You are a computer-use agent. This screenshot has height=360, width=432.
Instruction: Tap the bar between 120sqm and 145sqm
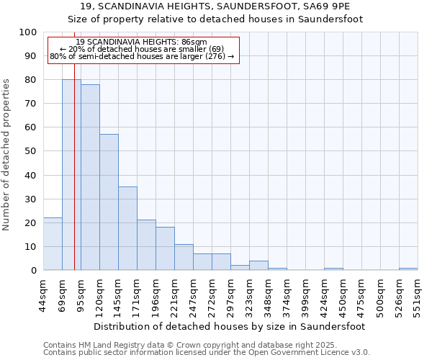[109, 202]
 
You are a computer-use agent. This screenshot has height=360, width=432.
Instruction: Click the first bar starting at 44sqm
[53, 244]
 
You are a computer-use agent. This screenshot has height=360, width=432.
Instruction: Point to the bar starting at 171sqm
[146, 245]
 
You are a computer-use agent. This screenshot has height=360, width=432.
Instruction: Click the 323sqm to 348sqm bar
[258, 266]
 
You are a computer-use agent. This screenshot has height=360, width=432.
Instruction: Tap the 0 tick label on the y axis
[33, 271]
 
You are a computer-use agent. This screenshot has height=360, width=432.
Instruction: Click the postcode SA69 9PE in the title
[333, 6]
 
